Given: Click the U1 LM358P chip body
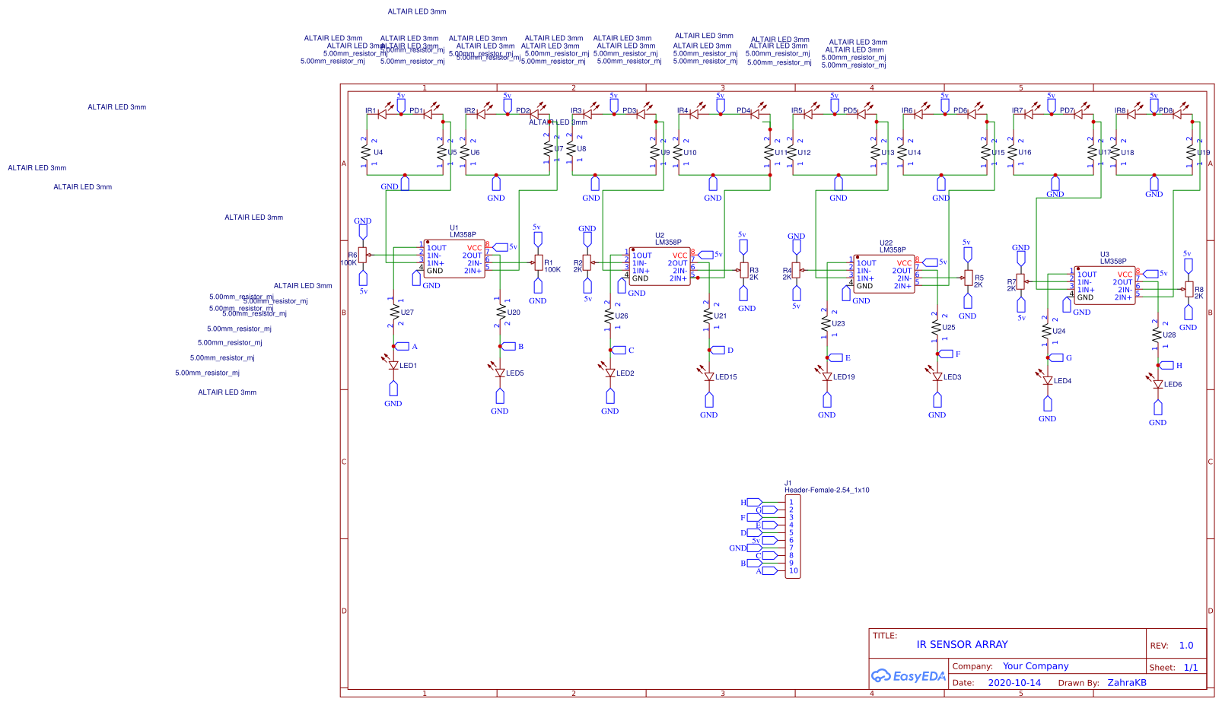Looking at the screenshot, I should (x=454, y=259).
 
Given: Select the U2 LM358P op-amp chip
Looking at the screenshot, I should (x=660, y=267).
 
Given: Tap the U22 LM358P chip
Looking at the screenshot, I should (x=884, y=275).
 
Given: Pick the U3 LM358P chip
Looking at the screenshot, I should (x=1104, y=286).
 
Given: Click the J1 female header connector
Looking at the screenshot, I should (x=792, y=537).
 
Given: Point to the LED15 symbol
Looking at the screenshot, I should (x=709, y=374).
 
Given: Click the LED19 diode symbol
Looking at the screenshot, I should (x=827, y=375).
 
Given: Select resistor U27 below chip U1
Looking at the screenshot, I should (x=394, y=313).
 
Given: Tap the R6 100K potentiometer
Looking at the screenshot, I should (x=363, y=256).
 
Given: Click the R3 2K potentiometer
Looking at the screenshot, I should (x=743, y=271).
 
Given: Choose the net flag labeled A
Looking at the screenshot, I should (x=403, y=347).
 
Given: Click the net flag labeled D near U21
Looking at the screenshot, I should (x=719, y=351).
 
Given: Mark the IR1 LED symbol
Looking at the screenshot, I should (x=382, y=114).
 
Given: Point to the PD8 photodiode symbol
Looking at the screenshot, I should (x=1177, y=114).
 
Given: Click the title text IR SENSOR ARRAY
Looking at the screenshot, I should (x=962, y=645).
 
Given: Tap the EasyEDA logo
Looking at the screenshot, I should (x=908, y=675).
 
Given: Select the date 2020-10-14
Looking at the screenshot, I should (x=1014, y=683).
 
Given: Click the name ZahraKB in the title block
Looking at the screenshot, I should (x=1126, y=683).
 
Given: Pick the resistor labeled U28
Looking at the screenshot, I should (x=1157, y=335).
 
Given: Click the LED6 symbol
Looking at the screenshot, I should (x=1157, y=383).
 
